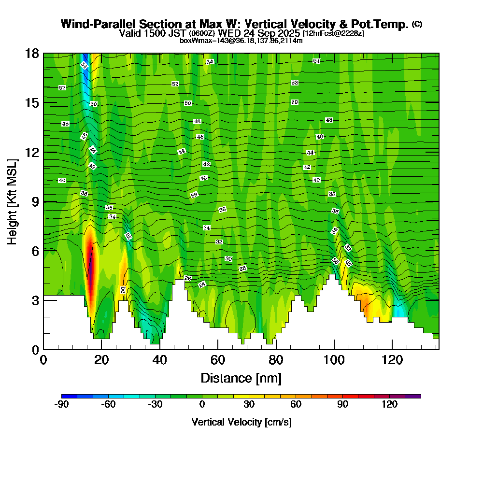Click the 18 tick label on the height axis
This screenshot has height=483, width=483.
(x=32, y=54)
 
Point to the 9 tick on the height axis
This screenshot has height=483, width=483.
(x=43, y=201)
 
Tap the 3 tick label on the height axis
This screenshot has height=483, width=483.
(x=35, y=300)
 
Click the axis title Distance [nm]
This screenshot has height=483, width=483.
(x=241, y=378)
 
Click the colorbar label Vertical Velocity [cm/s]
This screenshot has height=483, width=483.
(x=241, y=422)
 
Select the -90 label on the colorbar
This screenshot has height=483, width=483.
(x=61, y=405)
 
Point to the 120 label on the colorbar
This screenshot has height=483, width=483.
(x=390, y=405)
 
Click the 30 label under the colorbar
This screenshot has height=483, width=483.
(x=249, y=405)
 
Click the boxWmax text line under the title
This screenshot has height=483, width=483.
(x=241, y=41)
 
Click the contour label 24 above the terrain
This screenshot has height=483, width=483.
(x=202, y=284)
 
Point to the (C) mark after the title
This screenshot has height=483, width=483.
(x=417, y=24)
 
